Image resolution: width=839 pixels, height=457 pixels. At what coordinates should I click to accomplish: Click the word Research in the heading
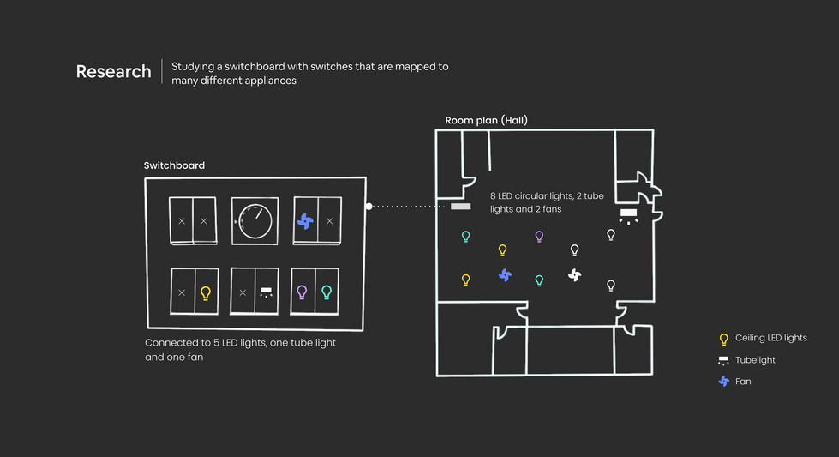click(x=113, y=72)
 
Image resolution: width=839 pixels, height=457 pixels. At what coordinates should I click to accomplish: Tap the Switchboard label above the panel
click(x=174, y=165)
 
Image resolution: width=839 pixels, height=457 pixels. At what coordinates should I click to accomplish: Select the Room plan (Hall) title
click(x=486, y=121)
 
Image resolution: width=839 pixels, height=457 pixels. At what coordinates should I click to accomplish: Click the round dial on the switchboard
click(x=255, y=221)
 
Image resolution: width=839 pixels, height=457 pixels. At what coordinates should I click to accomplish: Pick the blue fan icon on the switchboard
click(x=305, y=221)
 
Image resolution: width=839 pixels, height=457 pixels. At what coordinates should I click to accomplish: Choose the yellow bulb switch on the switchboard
click(x=205, y=293)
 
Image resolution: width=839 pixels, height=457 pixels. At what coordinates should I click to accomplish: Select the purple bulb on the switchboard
click(x=302, y=292)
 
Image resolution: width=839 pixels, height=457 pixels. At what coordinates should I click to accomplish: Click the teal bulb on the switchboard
click(x=326, y=292)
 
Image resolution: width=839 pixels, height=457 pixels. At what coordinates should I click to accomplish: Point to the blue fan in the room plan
click(x=505, y=274)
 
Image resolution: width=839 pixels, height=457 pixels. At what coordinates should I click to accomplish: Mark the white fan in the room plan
click(x=575, y=275)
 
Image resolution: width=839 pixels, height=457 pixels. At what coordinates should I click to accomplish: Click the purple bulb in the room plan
click(x=539, y=237)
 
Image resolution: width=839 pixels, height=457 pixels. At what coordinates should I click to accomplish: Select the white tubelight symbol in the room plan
click(x=629, y=213)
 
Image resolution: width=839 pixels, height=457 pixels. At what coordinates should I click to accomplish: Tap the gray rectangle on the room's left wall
click(x=461, y=207)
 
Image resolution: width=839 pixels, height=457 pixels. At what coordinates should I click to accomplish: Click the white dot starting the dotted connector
click(x=369, y=207)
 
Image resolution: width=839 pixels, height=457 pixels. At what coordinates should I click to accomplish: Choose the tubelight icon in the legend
click(x=723, y=360)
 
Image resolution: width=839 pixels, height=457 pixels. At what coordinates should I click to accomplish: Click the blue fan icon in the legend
click(x=723, y=382)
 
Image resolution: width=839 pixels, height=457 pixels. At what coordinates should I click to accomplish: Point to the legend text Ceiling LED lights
click(x=771, y=339)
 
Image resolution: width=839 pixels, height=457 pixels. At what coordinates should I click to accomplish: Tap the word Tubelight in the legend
click(x=755, y=360)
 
